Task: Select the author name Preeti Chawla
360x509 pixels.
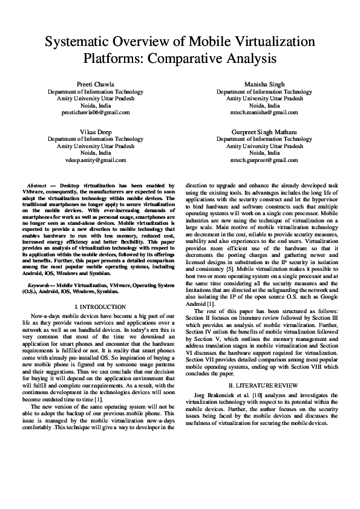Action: pyautogui.click(x=96, y=83)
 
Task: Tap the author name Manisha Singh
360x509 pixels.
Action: pyautogui.click(x=264, y=83)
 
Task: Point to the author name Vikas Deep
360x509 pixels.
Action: pyautogui.click(x=96, y=131)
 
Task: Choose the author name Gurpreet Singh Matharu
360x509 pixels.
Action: pyautogui.click(x=264, y=131)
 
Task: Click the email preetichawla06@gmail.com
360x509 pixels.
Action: pyautogui.click(x=96, y=112)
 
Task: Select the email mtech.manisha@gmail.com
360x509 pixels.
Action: pyautogui.click(x=264, y=112)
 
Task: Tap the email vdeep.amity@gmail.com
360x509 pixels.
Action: pyautogui.click(x=96, y=160)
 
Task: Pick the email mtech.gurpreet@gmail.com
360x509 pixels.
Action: pyautogui.click(x=264, y=160)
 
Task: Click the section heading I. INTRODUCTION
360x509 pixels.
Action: pyautogui.click(x=96, y=307)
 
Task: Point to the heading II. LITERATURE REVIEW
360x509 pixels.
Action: pyautogui.click(x=264, y=384)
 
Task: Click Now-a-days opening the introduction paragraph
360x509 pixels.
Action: pyautogui.click(x=44, y=316)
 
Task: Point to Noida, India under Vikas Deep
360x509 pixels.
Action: pyautogui.click(x=96, y=153)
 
